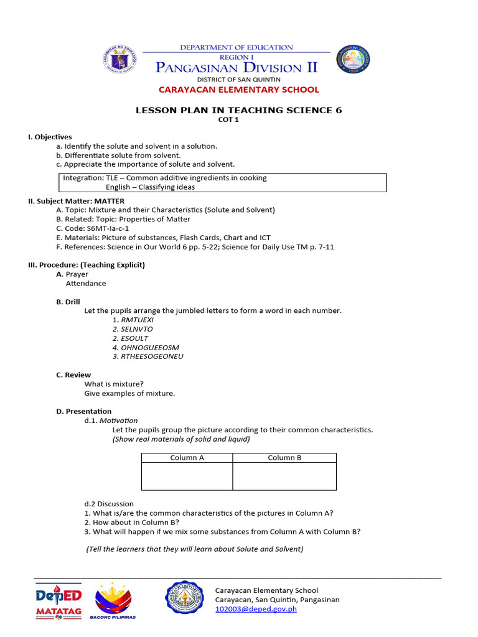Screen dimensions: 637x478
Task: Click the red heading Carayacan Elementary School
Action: pyautogui.click(x=238, y=90)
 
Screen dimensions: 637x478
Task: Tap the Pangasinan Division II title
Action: pyautogui.click(x=237, y=67)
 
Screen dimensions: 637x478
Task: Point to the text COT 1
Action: pyautogui.click(x=238, y=120)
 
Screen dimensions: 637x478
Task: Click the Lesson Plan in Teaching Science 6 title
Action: pyautogui.click(x=238, y=110)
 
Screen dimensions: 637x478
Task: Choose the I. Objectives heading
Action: pyautogui.click(x=50, y=137)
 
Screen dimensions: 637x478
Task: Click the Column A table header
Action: pyautogui.click(x=187, y=458)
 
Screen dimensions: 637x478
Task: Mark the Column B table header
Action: pyautogui.click(x=284, y=458)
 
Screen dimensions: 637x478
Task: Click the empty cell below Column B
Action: pyautogui.click(x=284, y=477)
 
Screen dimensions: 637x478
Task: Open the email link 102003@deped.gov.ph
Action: pyautogui.click(x=256, y=609)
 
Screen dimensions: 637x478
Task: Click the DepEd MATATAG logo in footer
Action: pyautogui.click(x=59, y=600)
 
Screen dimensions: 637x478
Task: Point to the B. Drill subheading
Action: pyautogui.click(x=68, y=302)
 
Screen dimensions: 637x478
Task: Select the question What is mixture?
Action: pyautogui.click(x=114, y=384)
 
